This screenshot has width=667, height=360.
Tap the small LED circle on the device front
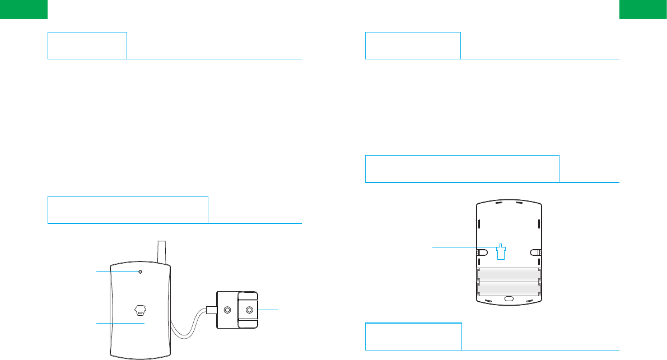pyautogui.click(x=141, y=272)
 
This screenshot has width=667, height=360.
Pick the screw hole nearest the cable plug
pyautogui.click(x=227, y=310)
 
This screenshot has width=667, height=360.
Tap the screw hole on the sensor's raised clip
pyautogui.click(x=248, y=310)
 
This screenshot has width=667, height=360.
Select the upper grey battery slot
pyautogui.click(x=508, y=274)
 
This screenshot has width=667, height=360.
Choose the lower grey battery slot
pyautogui.click(x=508, y=288)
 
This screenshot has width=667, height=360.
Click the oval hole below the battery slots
pyautogui.click(x=509, y=298)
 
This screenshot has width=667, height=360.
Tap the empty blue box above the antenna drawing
pyautogui.click(x=128, y=209)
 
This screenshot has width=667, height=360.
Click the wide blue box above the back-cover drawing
pyautogui.click(x=462, y=169)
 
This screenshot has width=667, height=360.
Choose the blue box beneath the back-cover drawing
pyautogui.click(x=413, y=336)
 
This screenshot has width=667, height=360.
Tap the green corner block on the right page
pyautogui.click(x=643, y=10)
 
